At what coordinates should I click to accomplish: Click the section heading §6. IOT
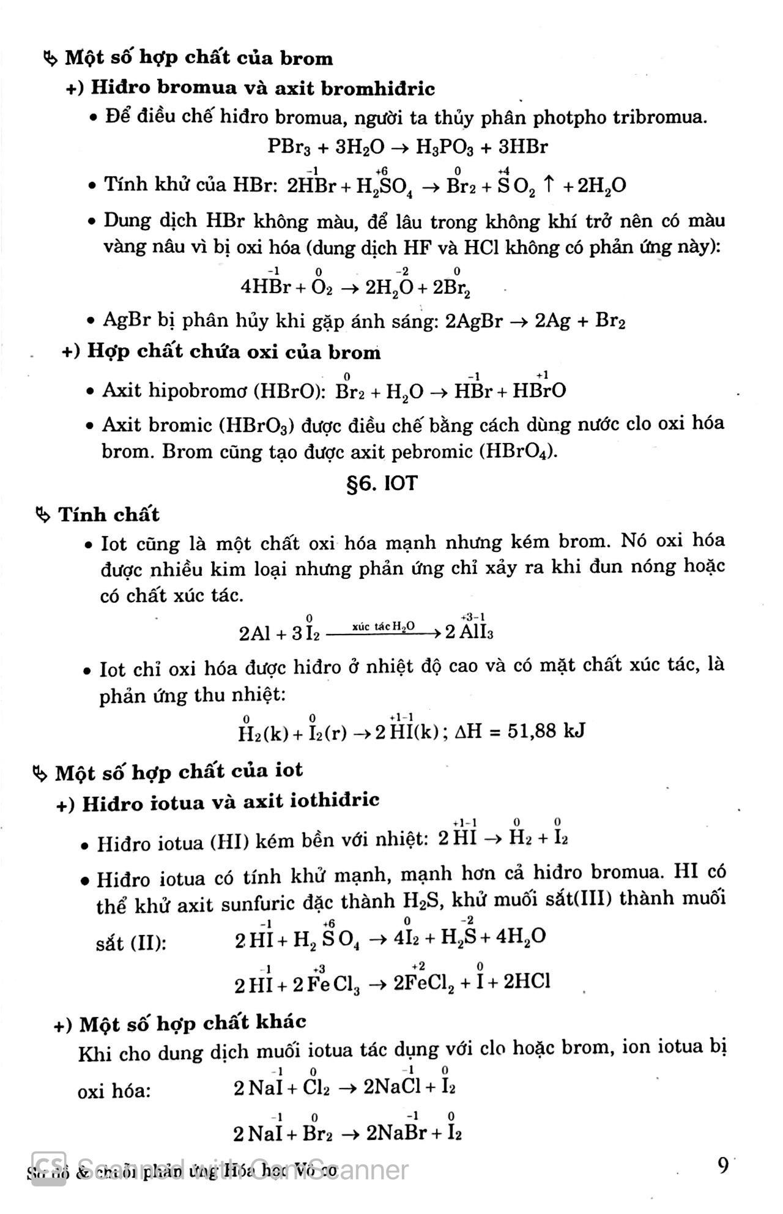click(382, 483)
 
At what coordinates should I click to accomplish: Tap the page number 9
click(724, 1165)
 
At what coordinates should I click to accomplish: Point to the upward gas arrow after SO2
click(549, 185)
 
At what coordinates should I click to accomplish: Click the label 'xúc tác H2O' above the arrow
click(384, 626)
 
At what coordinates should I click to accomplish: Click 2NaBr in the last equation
click(396, 1133)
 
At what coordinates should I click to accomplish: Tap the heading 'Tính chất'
click(108, 515)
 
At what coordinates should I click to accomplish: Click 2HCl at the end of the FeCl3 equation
click(527, 982)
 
